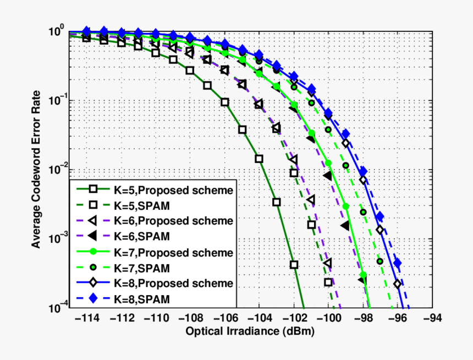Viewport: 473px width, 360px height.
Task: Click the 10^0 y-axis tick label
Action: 57,32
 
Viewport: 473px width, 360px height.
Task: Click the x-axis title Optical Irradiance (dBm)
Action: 250,332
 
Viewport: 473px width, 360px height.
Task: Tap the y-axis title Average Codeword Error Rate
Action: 36,170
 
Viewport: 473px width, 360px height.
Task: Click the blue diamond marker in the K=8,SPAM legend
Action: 93,299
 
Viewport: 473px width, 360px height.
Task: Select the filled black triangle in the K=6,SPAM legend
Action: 93,236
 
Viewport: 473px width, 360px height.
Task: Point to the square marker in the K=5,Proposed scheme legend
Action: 93,189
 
